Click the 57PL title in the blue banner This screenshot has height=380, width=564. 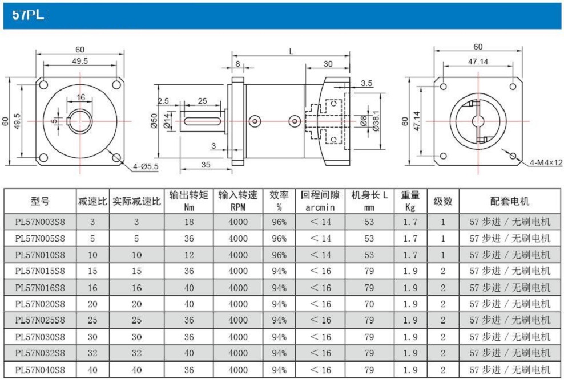pyautogui.click(x=28, y=15)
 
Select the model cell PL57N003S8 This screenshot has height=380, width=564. pyautogui.click(x=40, y=222)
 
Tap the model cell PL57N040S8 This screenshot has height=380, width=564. pyautogui.click(x=40, y=370)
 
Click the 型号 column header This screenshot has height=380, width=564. pyautogui.click(x=40, y=201)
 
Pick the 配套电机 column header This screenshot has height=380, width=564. pyautogui.click(x=510, y=201)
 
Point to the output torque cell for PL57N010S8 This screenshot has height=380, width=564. pyautogui.click(x=189, y=255)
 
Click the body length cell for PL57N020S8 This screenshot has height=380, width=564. pyautogui.click(x=369, y=304)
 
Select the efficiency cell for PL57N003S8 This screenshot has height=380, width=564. pyautogui.click(x=279, y=222)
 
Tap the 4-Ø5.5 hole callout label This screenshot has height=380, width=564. pyautogui.click(x=146, y=166)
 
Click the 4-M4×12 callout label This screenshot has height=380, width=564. pyautogui.click(x=546, y=162)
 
